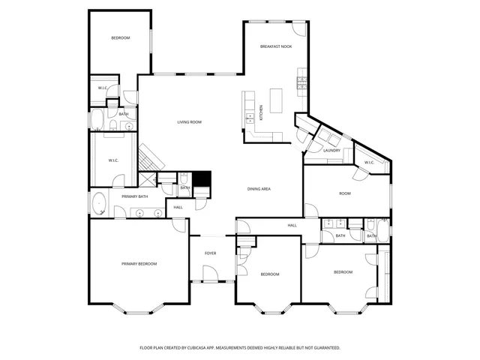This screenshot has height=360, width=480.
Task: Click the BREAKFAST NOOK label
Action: coord(275,46)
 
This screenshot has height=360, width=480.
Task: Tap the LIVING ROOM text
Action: coord(189,122)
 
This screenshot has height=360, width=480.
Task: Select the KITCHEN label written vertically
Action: coord(261,113)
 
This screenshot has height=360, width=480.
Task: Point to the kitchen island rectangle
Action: coord(276,100)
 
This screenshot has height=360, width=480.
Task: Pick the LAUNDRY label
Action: coord(331,151)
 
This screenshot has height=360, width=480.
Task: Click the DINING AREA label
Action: coord(259,189)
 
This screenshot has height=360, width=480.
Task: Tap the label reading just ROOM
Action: coord(344,193)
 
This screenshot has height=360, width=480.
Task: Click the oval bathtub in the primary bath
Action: coord(99,203)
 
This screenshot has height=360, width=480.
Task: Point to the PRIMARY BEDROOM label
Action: coord(139,264)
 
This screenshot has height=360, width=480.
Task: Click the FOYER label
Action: coord(211,253)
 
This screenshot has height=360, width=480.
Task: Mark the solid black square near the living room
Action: coord(202,181)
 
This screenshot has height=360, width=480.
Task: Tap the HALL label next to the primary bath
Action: coord(178,208)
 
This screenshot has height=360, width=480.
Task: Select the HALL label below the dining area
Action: coord(292,225)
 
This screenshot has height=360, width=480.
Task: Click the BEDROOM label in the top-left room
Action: coord(121,38)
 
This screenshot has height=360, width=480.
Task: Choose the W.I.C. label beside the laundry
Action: coord(369,163)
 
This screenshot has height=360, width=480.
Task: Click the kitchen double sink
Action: coord(248,118)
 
